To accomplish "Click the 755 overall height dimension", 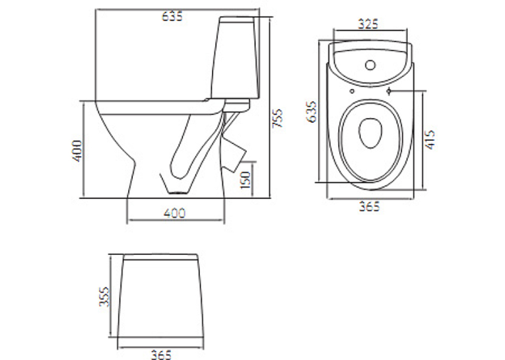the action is (277, 118).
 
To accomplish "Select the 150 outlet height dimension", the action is (246, 180).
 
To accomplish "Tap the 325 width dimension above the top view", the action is (368, 24).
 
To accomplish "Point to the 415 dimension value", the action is (430, 140).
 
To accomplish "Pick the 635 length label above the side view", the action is (172, 16).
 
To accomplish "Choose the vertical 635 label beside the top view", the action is (312, 112).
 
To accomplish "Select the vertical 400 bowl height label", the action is (77, 151).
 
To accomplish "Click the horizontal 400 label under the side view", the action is (174, 213).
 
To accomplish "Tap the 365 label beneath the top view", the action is (370, 207).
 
